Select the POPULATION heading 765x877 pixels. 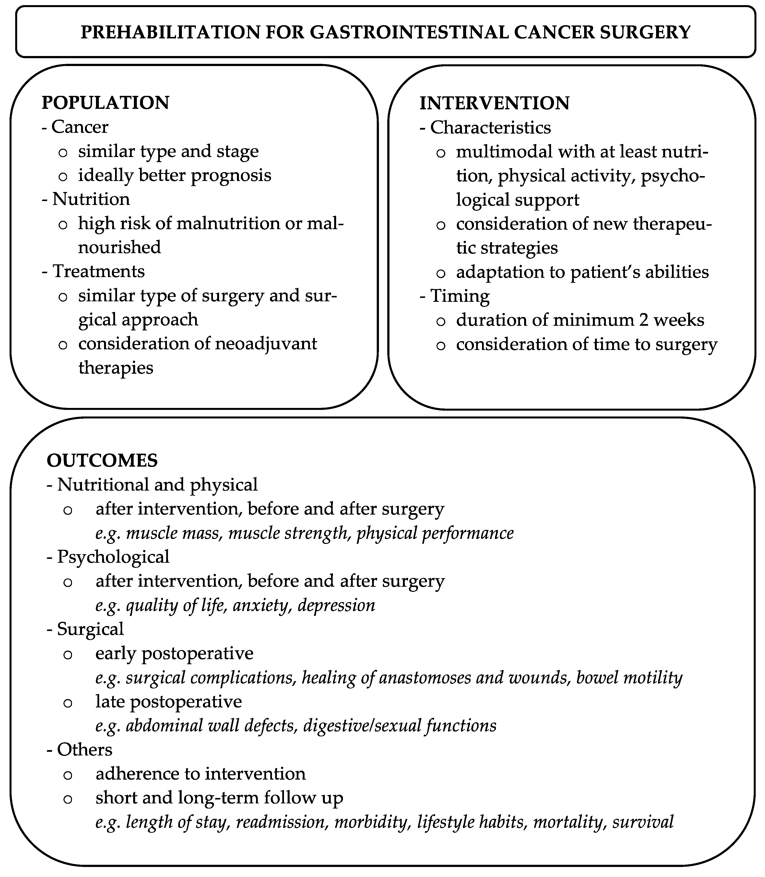106,103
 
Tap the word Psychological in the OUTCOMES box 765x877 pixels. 113,557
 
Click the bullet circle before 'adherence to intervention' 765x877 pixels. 68,774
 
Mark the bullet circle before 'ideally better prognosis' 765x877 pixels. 63,176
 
